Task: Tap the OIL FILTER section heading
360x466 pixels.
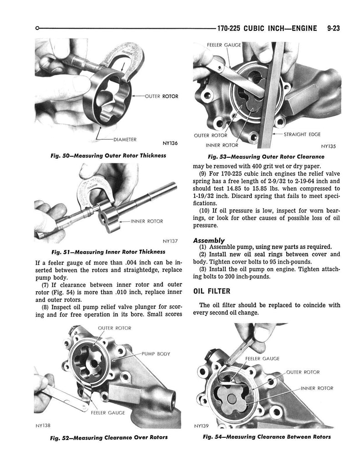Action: point(212,291)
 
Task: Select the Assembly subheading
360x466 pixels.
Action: point(209,240)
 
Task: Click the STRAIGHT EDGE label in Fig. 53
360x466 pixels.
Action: point(302,134)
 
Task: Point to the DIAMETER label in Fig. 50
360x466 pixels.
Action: point(125,139)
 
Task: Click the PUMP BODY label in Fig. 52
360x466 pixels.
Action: point(156,354)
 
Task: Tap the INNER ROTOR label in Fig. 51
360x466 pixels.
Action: point(147,221)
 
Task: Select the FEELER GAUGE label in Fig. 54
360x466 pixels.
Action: point(263,359)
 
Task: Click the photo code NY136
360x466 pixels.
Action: point(170,143)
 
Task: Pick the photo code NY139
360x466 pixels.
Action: point(202,426)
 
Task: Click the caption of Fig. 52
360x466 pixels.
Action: point(109,437)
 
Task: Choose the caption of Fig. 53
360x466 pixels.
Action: point(266,157)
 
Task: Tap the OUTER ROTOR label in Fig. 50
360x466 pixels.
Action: point(162,96)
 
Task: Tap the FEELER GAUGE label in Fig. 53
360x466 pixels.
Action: point(224,45)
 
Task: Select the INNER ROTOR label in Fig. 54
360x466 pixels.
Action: point(317,388)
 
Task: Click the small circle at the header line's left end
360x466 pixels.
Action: point(37,28)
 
